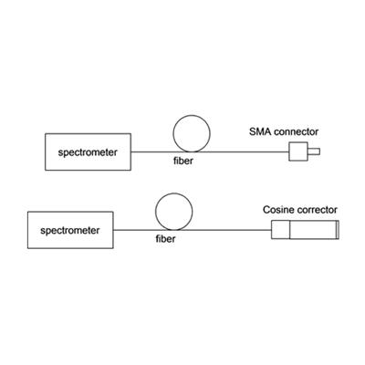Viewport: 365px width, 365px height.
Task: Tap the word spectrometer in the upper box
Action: click(x=88, y=152)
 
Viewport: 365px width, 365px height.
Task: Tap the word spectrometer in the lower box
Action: click(x=70, y=231)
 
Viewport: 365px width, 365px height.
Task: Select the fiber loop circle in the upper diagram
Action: click(x=192, y=115)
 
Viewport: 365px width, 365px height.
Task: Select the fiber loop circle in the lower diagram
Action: click(x=174, y=193)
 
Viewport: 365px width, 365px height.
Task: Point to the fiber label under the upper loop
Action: click(x=183, y=161)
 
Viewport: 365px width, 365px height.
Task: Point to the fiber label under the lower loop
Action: click(x=165, y=239)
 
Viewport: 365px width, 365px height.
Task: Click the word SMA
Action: click(x=260, y=132)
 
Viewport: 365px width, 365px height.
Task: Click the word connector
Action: click(x=296, y=132)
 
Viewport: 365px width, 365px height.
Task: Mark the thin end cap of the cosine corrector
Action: click(x=338, y=230)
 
